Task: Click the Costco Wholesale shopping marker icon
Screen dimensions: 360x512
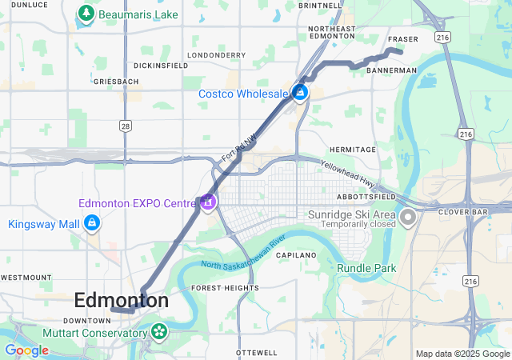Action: [300, 93]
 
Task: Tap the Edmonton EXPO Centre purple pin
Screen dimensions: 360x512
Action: [208, 201]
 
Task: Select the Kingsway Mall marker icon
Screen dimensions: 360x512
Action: [93, 223]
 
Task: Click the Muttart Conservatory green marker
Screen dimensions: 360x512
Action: [160, 330]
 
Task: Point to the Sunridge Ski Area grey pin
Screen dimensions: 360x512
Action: [408, 217]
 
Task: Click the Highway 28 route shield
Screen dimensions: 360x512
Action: [126, 126]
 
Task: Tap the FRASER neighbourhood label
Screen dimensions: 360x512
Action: [402, 39]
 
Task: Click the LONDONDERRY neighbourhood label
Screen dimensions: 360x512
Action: [210, 55]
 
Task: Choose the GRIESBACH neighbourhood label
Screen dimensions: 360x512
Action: [111, 82]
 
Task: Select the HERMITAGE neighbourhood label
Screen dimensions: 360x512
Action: [352, 150]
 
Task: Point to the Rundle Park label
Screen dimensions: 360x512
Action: [366, 268]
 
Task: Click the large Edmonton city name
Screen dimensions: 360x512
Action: [122, 300]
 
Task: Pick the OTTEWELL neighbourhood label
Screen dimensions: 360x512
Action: [257, 353]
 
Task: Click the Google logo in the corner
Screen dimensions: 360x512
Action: [26, 350]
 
